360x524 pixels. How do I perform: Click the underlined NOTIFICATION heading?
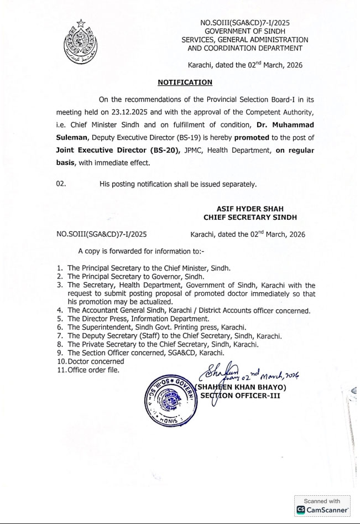[185, 82]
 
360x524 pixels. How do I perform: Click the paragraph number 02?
[61, 184]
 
